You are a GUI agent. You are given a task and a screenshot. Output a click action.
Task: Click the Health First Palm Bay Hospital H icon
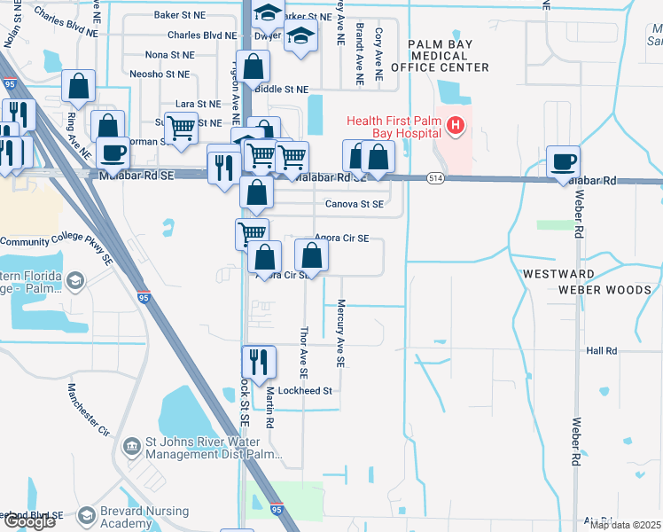[456, 126]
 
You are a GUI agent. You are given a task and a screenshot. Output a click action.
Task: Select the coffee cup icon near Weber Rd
[563, 161]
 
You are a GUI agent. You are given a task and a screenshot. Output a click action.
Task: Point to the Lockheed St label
[304, 390]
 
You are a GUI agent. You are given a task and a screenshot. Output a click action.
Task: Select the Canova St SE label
[354, 204]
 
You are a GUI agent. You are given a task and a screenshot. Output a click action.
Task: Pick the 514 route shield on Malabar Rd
[434, 178]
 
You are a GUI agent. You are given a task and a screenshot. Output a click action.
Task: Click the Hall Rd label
[601, 351]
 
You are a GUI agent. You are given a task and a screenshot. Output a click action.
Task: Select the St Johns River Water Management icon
[132, 444]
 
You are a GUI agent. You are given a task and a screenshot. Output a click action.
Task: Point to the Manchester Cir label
[89, 408]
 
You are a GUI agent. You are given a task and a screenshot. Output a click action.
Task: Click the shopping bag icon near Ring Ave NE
[79, 86]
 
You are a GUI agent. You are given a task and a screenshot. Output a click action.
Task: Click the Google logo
[28, 521]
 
